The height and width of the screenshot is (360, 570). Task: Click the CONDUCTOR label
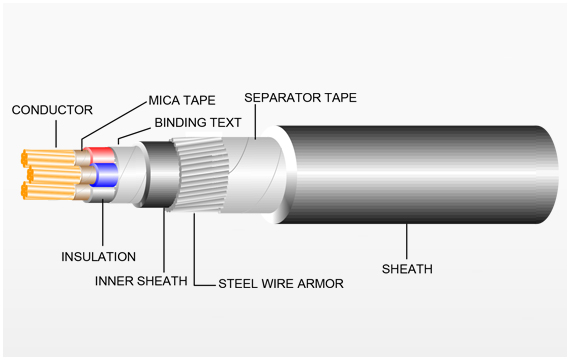tap(52, 110)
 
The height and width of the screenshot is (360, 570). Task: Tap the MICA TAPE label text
tap(182, 100)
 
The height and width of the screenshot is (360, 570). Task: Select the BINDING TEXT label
tap(198, 123)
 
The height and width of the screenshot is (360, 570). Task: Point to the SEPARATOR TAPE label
tap(300, 97)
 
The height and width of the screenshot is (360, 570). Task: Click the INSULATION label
tap(99, 257)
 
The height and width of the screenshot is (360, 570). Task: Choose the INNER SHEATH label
tap(141, 281)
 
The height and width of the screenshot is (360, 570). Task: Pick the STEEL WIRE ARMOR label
tap(281, 284)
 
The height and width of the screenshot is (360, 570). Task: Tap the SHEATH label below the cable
tap(407, 269)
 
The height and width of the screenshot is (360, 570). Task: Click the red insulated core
tap(101, 155)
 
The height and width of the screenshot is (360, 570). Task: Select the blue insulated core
tap(105, 175)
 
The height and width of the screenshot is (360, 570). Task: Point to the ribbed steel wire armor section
tap(200, 175)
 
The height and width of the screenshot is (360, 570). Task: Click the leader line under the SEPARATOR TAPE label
tap(256, 122)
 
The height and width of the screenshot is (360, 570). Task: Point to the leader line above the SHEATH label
tap(406, 241)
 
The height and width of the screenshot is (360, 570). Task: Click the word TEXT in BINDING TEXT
tap(224, 123)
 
